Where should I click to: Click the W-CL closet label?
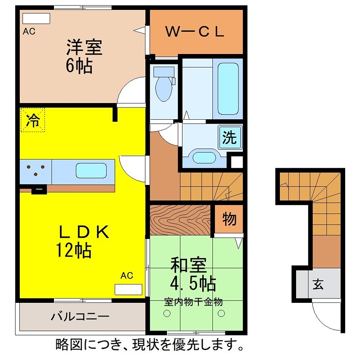tap(195, 32)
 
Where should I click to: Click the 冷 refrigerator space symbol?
tap(32, 120)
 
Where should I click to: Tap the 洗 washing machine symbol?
tap(230, 137)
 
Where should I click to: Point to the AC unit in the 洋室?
tap(36, 19)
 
